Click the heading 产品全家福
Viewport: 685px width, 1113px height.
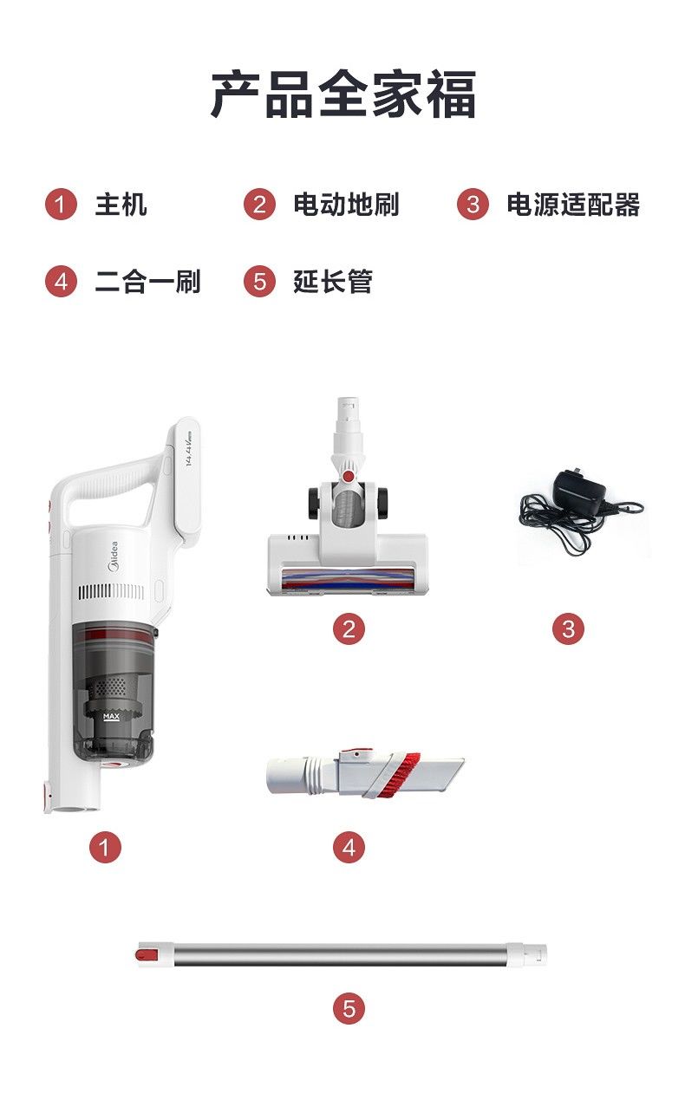[x=343, y=94]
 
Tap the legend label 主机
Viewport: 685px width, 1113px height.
[x=121, y=205]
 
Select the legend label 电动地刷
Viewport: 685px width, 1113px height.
[x=346, y=205]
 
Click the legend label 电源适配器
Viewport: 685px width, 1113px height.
[x=573, y=205]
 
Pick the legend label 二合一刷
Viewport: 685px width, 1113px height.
[x=147, y=282]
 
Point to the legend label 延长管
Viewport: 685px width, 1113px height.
[x=333, y=282]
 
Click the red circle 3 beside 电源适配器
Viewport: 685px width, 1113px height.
[x=473, y=205]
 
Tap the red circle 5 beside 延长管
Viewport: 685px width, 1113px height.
[x=259, y=282]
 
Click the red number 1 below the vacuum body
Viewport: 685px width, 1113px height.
[x=106, y=847]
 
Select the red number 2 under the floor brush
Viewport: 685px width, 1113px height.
[x=349, y=629]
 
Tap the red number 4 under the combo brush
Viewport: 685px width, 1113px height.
[x=349, y=847]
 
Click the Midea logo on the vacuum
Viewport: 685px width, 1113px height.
[x=114, y=556]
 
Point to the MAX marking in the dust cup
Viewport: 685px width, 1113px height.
[x=111, y=717]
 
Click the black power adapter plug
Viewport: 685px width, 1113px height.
[x=580, y=491]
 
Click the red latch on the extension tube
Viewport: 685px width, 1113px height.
[x=147, y=955]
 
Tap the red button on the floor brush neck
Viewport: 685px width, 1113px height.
[x=349, y=477]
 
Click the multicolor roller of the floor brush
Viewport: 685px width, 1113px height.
[x=348, y=579]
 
